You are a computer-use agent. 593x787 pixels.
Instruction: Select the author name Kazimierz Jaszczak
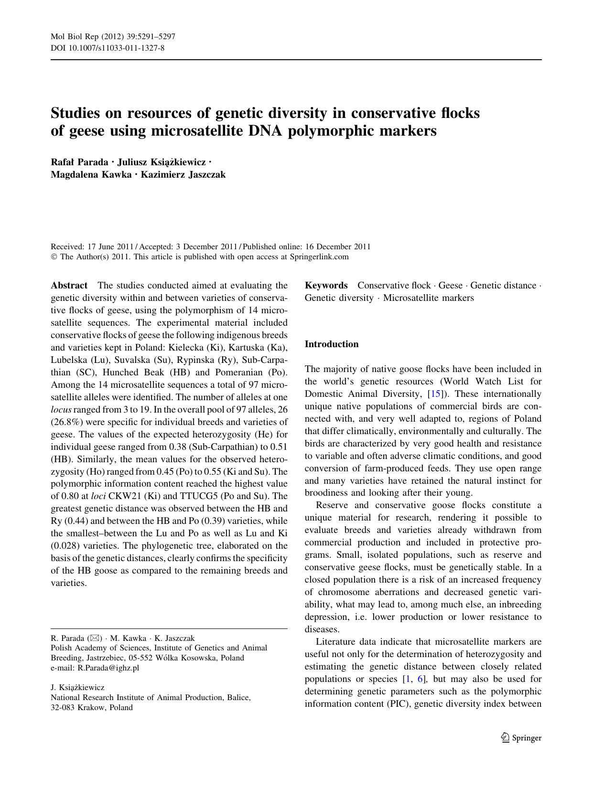tap(183, 174)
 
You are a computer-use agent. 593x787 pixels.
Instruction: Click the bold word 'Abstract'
tap(69, 286)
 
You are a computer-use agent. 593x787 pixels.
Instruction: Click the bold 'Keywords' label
tap(326, 286)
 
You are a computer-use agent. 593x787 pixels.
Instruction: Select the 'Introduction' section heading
tap(332, 344)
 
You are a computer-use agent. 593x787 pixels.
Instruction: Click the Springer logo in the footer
tap(521, 738)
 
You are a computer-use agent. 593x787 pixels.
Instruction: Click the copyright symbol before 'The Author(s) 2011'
tap(54, 257)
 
